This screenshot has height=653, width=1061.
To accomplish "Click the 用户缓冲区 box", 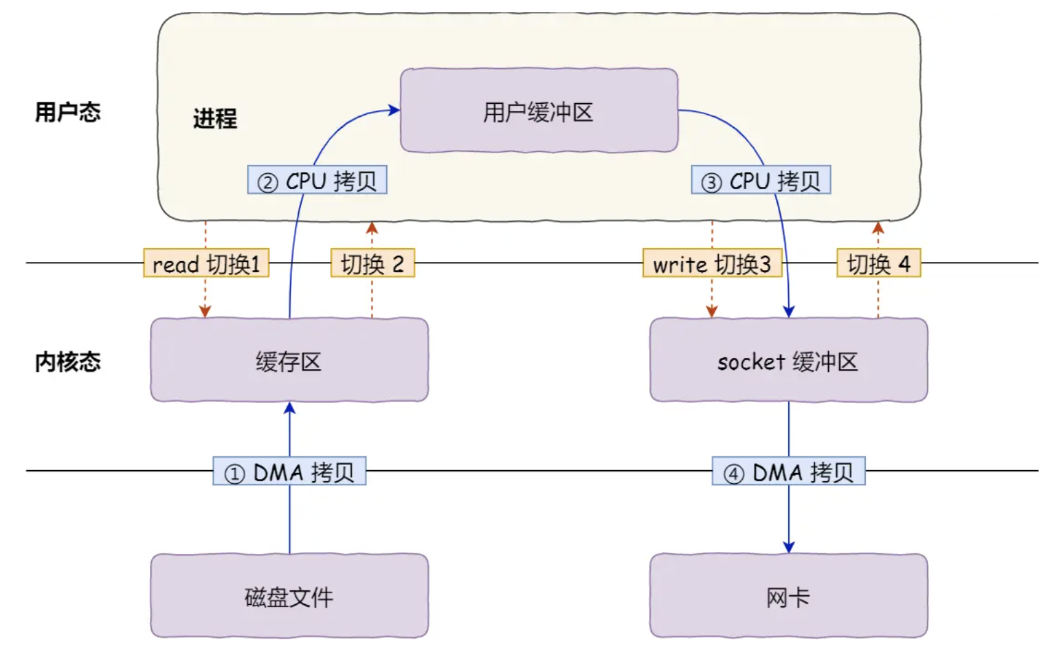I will coord(539,111).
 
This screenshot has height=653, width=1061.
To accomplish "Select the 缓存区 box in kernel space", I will coord(289,360).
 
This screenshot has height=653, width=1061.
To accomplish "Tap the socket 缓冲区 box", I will coord(788,360).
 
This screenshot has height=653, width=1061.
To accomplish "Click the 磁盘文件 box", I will coord(289,596).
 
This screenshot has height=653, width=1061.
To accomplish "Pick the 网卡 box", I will coord(788,596).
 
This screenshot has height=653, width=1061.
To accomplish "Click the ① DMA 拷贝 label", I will coord(289,472).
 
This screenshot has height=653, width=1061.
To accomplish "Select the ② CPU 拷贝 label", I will coord(317,180).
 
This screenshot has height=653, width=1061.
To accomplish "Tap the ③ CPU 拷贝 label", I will coord(761,180).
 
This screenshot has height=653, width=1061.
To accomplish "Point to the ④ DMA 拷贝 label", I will coord(788,472).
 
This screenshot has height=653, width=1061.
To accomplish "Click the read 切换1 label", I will coord(205,263).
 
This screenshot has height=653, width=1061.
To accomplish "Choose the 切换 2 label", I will coord(372,263).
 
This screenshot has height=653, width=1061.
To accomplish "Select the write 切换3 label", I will coord(712,263).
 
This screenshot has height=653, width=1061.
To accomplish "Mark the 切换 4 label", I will coord(878,263).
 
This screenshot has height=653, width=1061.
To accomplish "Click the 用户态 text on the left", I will coord(67,111).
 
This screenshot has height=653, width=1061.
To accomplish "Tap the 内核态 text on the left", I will coord(67,362).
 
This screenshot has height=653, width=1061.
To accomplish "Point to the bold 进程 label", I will coord(214,118).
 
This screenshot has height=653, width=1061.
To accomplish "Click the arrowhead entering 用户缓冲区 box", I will coord(394,110).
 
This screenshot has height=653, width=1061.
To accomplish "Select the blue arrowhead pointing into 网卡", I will coord(788,546).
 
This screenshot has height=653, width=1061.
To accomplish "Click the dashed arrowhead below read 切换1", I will coord(205,311).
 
